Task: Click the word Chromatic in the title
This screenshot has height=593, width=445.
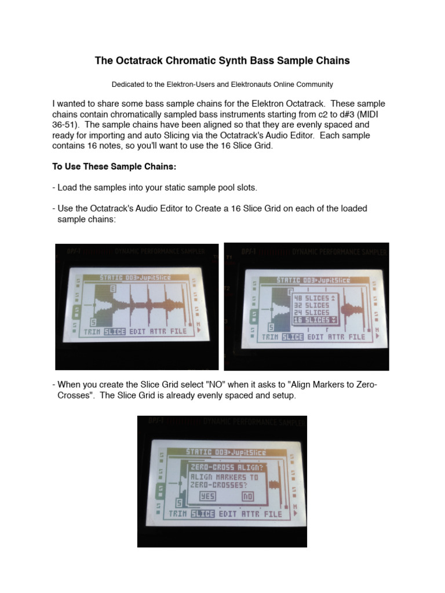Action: tap(174, 60)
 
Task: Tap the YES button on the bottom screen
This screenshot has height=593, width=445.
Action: tap(207, 496)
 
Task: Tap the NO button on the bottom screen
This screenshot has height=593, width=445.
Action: tap(248, 496)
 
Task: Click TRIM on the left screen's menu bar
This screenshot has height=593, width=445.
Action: tap(92, 332)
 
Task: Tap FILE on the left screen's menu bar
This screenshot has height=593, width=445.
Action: tap(178, 332)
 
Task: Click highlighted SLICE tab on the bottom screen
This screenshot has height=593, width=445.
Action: tap(202, 514)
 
